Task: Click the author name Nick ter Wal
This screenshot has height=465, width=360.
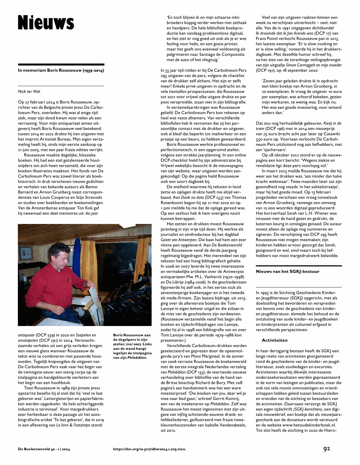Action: point(29,91)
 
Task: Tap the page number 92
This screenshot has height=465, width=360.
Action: point(327,449)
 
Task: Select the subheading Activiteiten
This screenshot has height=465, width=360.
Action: point(275,340)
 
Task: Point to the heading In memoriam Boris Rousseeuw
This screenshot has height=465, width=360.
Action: point(61,70)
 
